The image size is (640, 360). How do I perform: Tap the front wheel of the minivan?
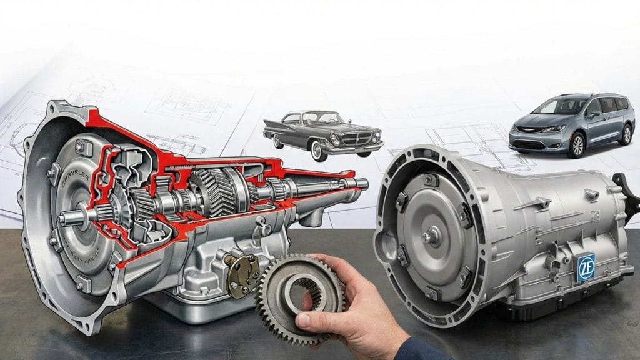tap(576, 145)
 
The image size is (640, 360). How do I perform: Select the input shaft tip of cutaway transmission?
tap(65, 218)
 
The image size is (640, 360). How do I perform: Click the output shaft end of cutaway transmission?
tap(361, 183)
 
